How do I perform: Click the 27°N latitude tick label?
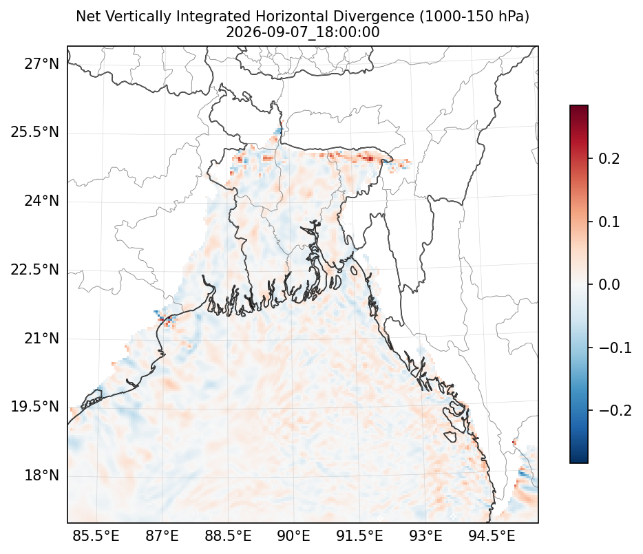(x=41, y=65)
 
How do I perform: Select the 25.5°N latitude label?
(x=35, y=132)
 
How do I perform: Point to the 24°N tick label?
(x=41, y=202)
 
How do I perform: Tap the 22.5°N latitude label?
(x=35, y=270)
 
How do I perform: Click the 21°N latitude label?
(x=41, y=339)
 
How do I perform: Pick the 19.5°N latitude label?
(x=35, y=407)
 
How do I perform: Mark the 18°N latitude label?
(x=41, y=476)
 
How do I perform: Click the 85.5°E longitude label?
(x=96, y=535)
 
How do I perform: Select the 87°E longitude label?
(x=162, y=535)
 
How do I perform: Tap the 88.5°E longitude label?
(x=228, y=535)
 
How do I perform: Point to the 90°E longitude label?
(x=293, y=535)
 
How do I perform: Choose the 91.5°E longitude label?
(x=359, y=535)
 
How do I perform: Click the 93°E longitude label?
(x=425, y=535)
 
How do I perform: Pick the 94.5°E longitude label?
(x=492, y=535)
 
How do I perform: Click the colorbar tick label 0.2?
(x=609, y=159)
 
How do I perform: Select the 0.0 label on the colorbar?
(x=609, y=285)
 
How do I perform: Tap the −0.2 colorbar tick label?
(x=615, y=410)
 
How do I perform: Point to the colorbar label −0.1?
(x=615, y=348)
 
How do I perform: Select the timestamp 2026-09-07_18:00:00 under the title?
(x=303, y=32)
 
